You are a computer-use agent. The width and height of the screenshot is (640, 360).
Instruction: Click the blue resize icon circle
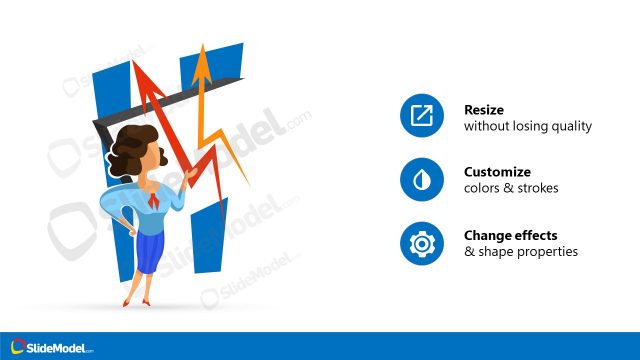pos(421,117)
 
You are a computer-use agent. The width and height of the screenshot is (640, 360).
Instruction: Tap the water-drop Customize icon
pos(421,180)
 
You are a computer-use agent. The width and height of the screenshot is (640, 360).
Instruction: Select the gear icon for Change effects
pos(421,243)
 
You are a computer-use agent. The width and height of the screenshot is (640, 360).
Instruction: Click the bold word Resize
pos(484,109)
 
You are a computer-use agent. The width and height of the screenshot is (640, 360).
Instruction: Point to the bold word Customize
pos(497,172)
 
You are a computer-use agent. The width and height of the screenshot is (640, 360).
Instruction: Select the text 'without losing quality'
pos(528,127)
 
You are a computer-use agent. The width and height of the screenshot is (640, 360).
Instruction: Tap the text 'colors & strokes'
pos(511,189)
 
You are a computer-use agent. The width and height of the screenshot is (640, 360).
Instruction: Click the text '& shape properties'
pos(521,252)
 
